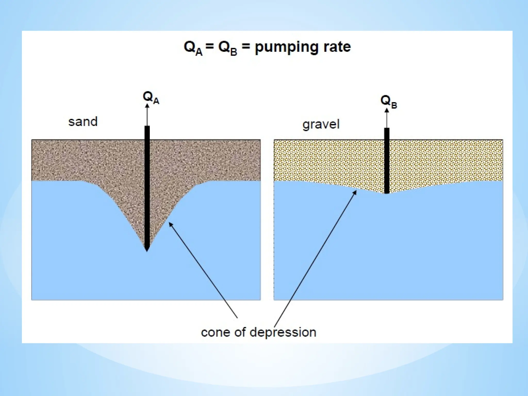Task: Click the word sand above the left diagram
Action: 83,121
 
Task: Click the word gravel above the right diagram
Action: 321,125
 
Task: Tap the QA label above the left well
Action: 151,98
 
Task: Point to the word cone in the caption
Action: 216,332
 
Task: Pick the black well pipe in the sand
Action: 147,186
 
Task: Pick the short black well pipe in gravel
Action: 387,160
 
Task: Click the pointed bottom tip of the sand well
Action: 147,250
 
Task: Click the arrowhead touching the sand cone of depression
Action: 170,224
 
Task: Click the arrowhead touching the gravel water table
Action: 355,192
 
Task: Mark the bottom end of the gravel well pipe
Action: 387,192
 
